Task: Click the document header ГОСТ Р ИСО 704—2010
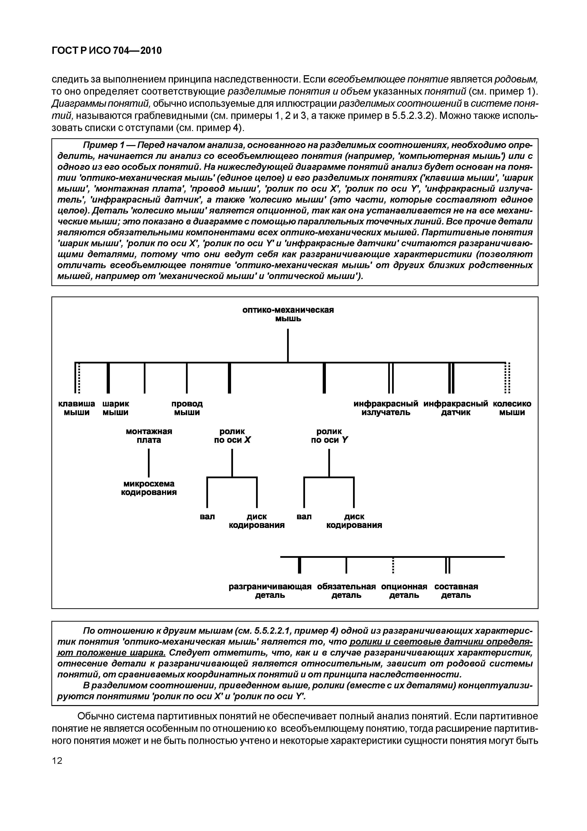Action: (107, 51)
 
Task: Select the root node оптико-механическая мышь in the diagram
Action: (288, 314)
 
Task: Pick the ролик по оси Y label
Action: (329, 436)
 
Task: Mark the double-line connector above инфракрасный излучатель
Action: (391, 378)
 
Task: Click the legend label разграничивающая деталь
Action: (270, 591)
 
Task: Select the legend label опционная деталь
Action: (404, 591)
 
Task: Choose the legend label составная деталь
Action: (456, 591)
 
